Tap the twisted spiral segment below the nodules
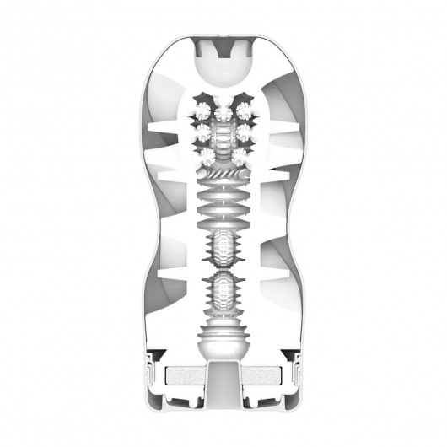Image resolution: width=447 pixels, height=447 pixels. (x=223, y=177)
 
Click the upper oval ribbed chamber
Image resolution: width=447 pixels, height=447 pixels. (x=223, y=250)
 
